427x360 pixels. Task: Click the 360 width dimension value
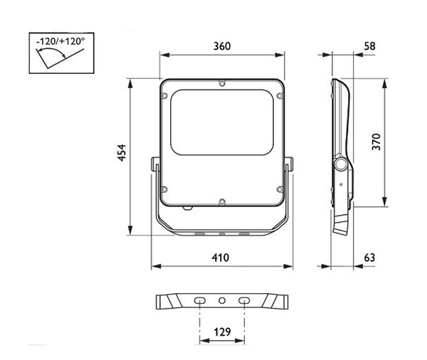[x=222, y=46]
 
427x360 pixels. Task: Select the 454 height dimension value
[x=122, y=153]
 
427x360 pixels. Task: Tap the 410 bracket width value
[x=221, y=258]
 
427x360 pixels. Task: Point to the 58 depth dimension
[x=369, y=46]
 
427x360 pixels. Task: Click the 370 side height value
[x=376, y=142]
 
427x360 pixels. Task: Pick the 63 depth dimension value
[x=369, y=258]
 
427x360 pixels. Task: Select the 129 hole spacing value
[x=222, y=332]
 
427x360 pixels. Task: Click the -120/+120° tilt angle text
[x=60, y=41]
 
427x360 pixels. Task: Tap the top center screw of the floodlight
[x=222, y=83]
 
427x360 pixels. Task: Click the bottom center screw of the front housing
[x=222, y=202]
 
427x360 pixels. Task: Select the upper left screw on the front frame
[x=164, y=95]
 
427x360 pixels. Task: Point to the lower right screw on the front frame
[x=280, y=189]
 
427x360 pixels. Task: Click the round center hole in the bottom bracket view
[x=222, y=301]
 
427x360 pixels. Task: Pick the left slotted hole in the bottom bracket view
[x=200, y=301]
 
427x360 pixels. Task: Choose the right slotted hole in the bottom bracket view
[x=244, y=301]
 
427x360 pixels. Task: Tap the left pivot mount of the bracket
[x=154, y=164]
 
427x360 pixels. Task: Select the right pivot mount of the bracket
[x=289, y=164]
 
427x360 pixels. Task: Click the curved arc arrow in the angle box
[x=51, y=52]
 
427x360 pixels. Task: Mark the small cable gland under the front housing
[x=188, y=208]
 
